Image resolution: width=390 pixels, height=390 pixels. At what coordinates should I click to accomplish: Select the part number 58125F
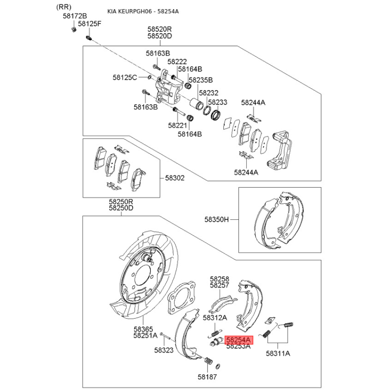90,24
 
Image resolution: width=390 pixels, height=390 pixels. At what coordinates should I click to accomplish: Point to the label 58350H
216,220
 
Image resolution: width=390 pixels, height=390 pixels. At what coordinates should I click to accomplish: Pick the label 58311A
278,353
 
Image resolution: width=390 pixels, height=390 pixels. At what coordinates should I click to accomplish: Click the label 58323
164,350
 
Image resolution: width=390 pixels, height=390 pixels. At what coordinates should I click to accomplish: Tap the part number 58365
144,329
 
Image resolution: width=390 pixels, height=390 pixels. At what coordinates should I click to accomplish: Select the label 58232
208,93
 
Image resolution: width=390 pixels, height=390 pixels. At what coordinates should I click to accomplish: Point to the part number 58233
217,102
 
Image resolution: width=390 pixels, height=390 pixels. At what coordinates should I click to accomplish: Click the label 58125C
125,78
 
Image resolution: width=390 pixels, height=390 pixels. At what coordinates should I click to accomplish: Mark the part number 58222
177,62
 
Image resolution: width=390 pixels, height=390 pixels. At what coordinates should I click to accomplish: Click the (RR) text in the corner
63,6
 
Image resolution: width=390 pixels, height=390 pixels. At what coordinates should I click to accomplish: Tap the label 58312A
215,318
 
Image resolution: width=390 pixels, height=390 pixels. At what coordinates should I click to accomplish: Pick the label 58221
177,125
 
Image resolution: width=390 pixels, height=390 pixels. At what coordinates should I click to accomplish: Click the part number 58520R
160,29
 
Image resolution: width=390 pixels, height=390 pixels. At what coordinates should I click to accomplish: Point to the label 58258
219,279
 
